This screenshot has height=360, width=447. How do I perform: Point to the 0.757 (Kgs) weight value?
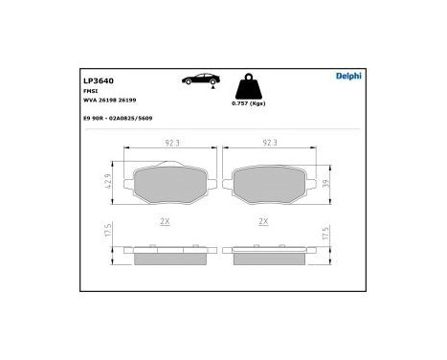coord(248,102)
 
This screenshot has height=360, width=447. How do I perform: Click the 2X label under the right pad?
coord(264,221)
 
